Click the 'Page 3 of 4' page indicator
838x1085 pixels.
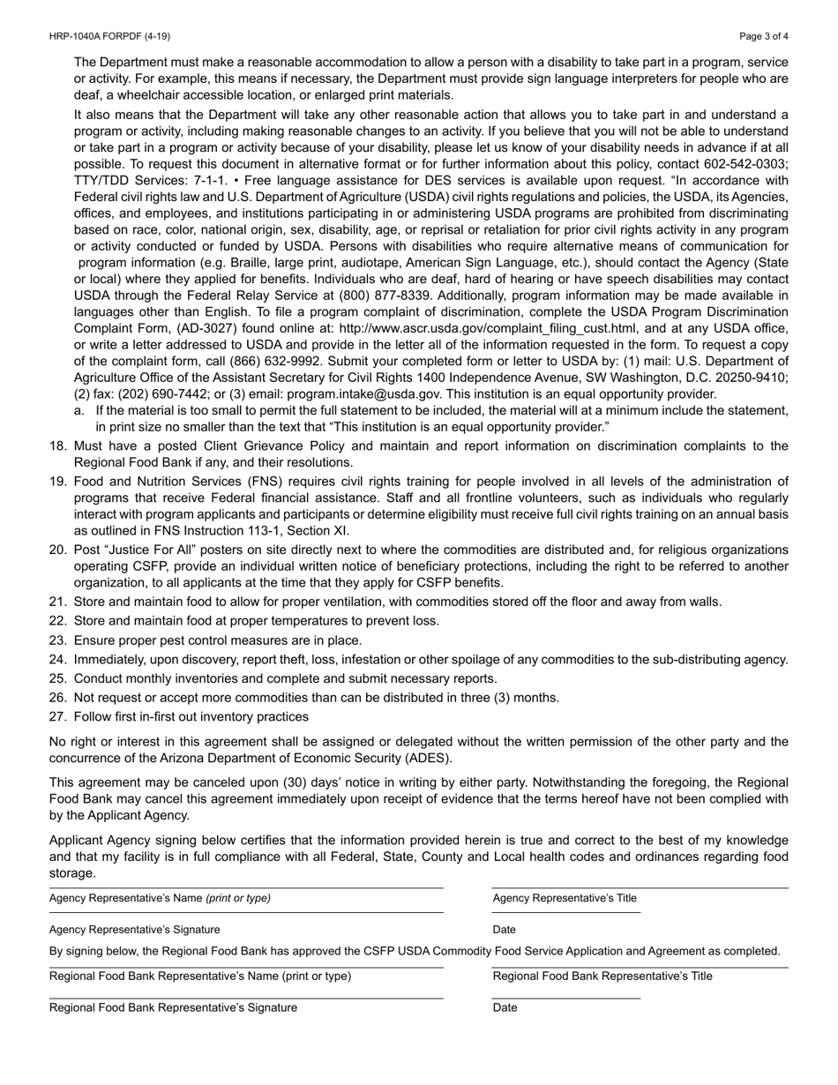(x=764, y=36)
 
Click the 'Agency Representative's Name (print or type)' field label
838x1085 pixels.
(x=160, y=898)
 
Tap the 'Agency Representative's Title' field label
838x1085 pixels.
(x=565, y=898)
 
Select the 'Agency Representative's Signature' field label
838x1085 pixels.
(x=135, y=929)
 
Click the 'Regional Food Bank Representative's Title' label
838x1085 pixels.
(x=602, y=976)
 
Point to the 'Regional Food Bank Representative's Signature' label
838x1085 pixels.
(x=173, y=1007)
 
